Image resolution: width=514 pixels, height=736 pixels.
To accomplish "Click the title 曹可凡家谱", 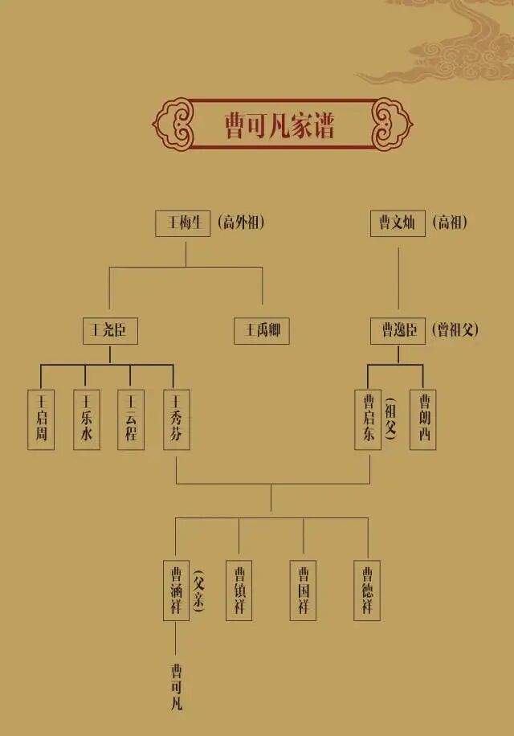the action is (x=279, y=125).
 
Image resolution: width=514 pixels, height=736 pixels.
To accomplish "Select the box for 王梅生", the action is (x=182, y=223).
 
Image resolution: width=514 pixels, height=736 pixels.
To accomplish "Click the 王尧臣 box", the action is (x=110, y=331).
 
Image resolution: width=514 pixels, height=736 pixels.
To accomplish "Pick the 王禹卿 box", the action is (x=262, y=331).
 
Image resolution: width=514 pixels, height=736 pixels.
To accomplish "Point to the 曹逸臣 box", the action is (x=398, y=331).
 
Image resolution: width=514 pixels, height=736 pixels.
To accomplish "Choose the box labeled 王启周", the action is (x=41, y=419).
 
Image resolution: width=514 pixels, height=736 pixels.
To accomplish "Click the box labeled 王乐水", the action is (x=86, y=419).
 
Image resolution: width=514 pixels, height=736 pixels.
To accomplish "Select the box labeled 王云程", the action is (x=131, y=419).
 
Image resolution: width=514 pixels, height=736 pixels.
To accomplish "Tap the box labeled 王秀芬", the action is (x=176, y=419).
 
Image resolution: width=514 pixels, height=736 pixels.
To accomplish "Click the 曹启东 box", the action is (x=368, y=419).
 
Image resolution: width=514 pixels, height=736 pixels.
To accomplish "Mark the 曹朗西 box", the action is (x=423, y=419).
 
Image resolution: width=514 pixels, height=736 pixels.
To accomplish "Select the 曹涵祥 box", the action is (x=176, y=591).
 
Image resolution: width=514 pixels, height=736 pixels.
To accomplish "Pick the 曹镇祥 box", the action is (x=239, y=591).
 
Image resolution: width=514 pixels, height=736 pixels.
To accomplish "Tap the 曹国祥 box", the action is (x=304, y=591).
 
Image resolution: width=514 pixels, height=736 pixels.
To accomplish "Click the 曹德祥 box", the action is (x=368, y=591).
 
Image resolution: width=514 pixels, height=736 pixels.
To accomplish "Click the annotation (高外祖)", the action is (x=240, y=223).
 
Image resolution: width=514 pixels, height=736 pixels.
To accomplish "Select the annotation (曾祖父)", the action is (x=455, y=330).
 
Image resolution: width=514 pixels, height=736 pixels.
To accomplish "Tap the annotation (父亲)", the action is (x=198, y=591).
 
